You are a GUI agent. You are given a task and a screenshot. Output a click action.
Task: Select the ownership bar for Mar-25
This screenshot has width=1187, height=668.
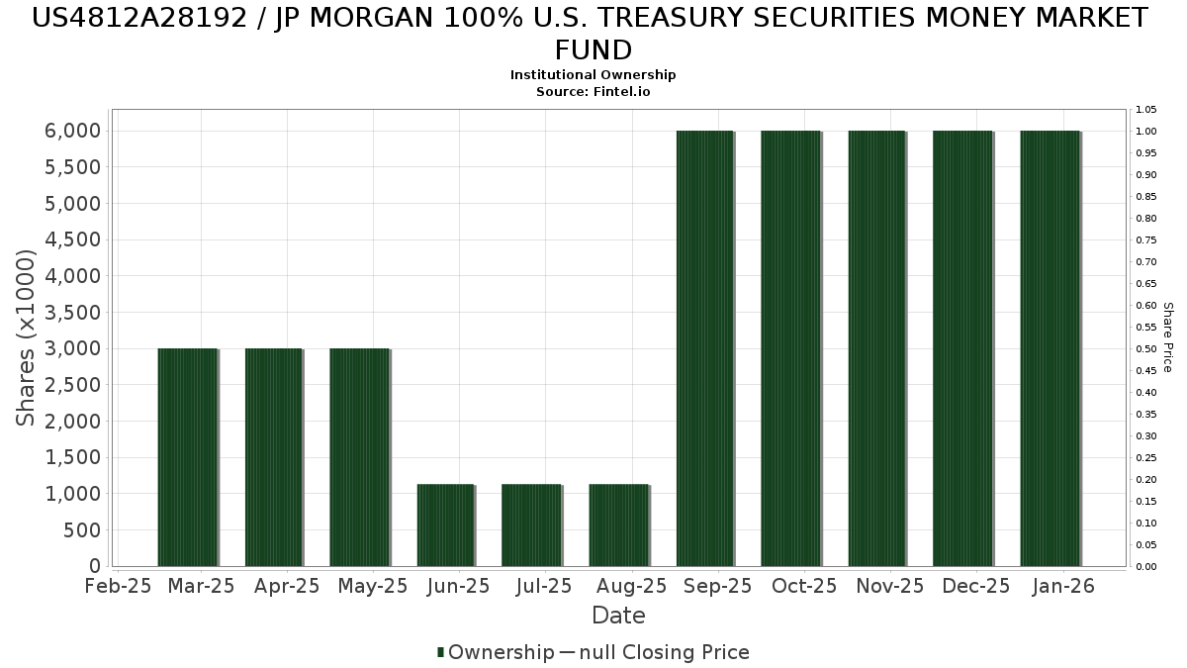point(188,457)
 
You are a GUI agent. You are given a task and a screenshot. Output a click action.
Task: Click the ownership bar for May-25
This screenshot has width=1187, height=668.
point(360,457)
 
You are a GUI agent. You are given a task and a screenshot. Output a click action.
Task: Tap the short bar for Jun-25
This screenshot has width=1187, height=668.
point(446,525)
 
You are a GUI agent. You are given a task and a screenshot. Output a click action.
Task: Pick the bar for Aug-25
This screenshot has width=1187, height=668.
point(619,525)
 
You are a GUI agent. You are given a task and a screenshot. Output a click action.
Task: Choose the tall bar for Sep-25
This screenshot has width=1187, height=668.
point(705,348)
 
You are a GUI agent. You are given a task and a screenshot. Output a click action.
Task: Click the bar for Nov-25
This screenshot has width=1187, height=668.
point(877,348)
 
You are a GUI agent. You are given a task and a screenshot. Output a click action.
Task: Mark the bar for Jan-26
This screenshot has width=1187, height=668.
point(1050,348)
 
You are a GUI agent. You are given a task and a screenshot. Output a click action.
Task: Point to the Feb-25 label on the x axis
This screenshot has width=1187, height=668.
point(118,586)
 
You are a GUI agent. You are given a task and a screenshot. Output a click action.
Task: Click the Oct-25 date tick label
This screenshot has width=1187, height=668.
point(804,586)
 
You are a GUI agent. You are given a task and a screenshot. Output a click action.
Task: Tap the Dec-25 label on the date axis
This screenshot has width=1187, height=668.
point(976,586)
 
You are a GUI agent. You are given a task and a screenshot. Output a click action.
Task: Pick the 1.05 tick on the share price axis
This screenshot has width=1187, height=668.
point(1146,109)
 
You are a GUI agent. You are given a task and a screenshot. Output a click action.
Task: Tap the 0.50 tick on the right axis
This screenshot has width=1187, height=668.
point(1146,348)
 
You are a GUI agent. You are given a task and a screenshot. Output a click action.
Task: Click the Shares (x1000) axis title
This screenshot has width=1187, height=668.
point(27,337)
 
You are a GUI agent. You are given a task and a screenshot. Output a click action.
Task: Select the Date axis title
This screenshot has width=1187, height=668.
point(618,616)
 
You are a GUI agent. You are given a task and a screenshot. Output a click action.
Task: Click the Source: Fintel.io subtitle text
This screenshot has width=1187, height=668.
point(593,91)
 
